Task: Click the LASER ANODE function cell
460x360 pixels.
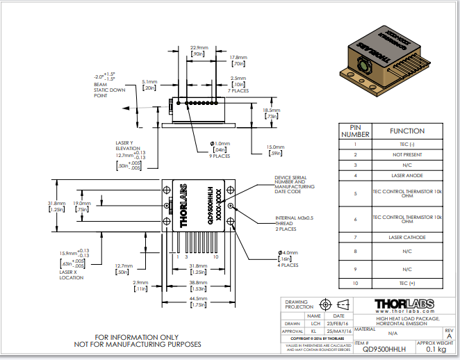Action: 406,175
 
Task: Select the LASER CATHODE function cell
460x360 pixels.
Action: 406,237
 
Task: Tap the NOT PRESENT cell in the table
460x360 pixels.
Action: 406,154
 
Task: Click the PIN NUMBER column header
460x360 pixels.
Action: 354,131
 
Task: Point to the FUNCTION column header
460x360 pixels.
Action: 406,131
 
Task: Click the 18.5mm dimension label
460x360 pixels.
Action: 271,113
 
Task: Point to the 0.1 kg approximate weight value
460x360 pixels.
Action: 434,350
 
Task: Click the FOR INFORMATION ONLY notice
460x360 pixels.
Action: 138,340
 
